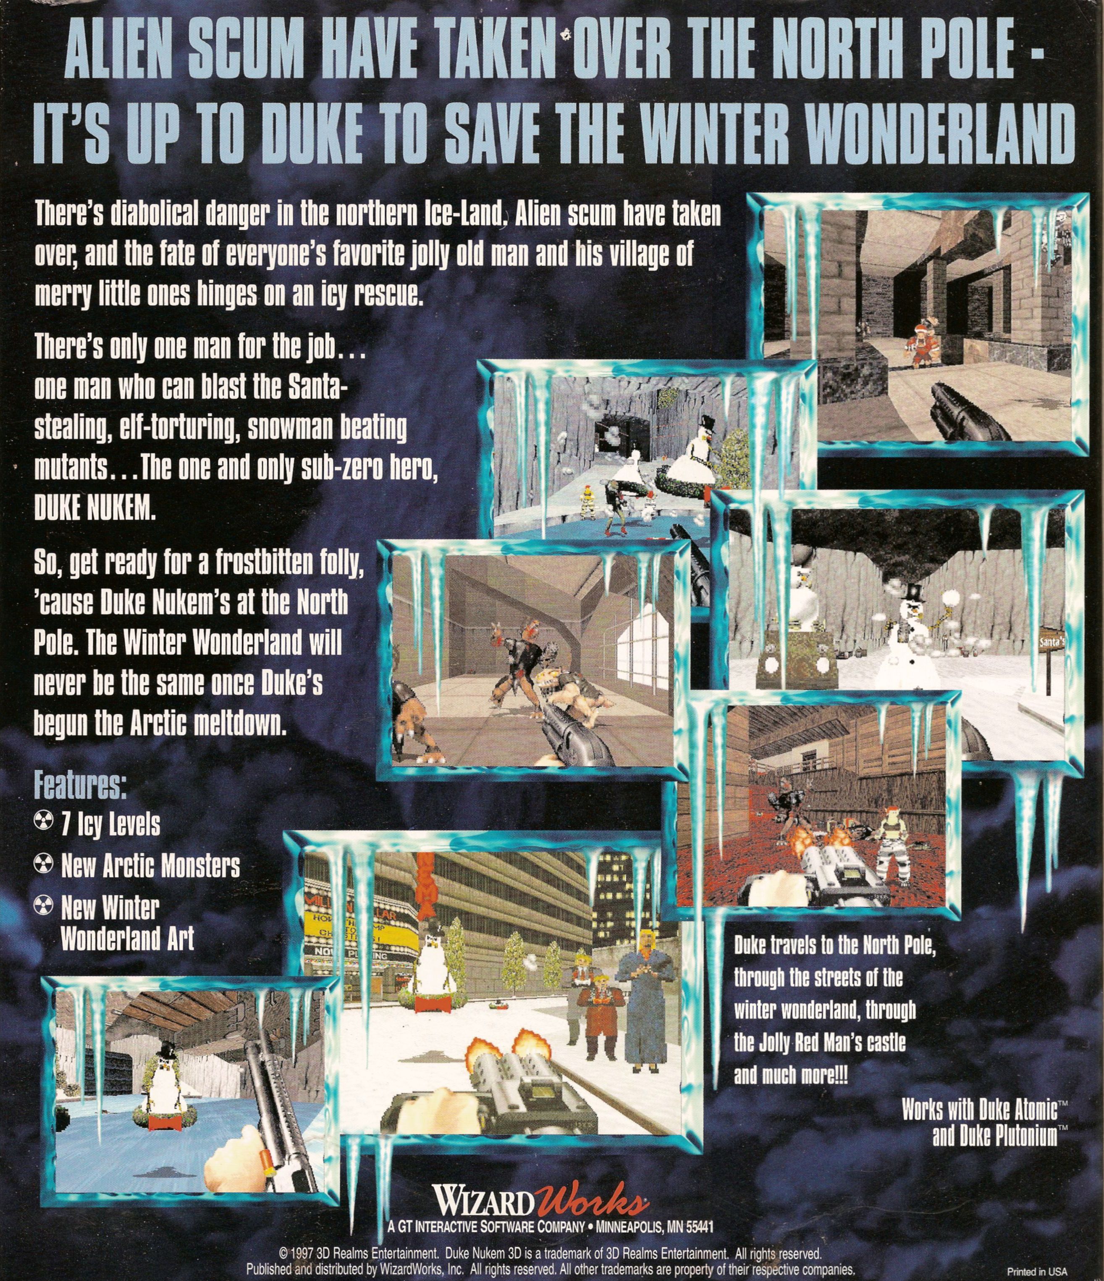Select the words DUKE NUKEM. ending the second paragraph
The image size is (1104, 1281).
tap(92, 512)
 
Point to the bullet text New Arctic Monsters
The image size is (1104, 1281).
tap(150, 866)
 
